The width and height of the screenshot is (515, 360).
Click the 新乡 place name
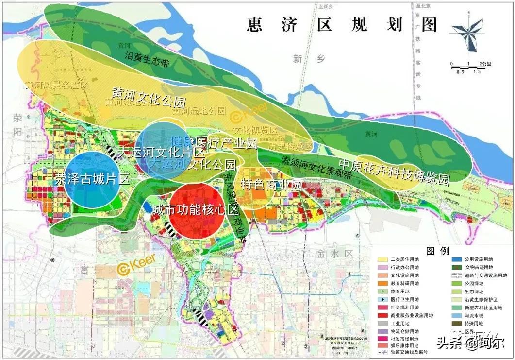(301, 59)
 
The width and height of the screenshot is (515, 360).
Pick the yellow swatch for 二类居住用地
(382, 259)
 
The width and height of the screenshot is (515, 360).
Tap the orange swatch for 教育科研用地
(382, 283)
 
